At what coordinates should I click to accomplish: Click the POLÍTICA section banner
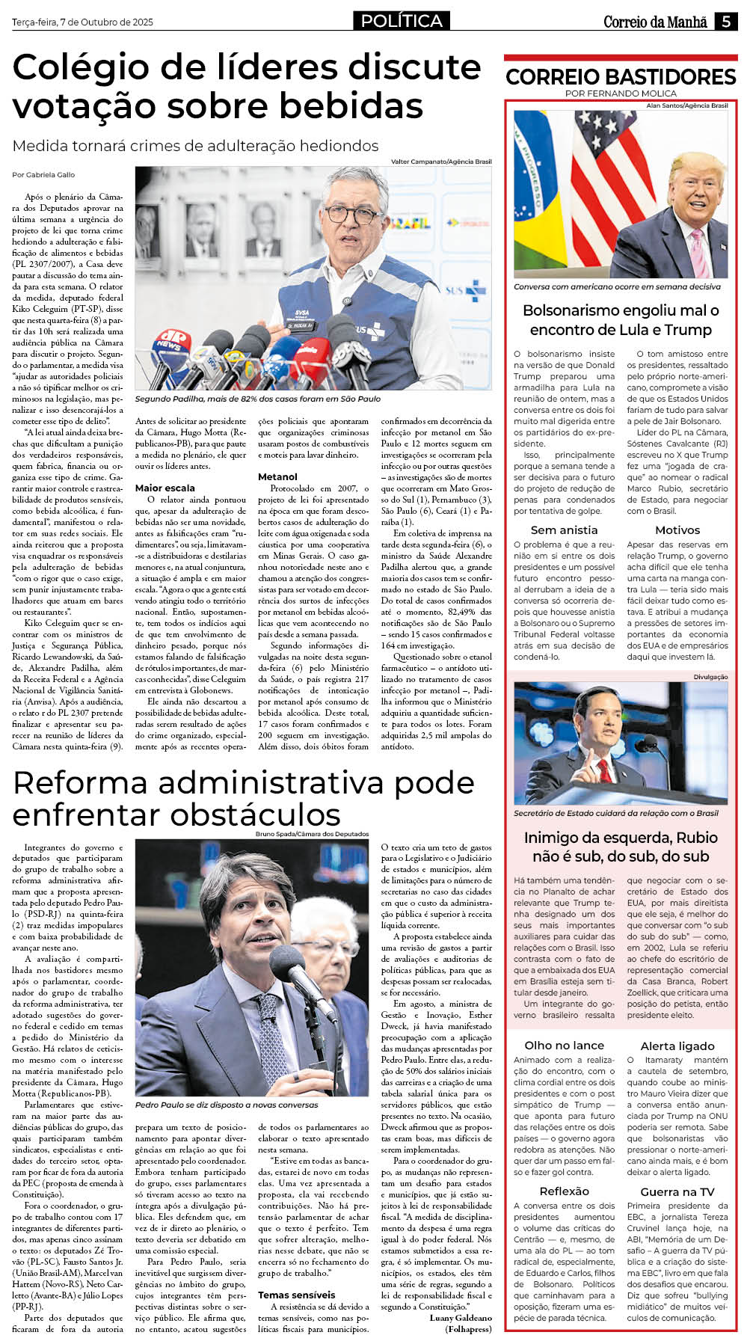402,21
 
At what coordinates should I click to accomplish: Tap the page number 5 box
725,22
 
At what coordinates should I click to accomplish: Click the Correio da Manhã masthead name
655,22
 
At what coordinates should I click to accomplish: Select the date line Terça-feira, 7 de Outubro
82,22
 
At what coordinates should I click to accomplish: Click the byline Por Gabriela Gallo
43,174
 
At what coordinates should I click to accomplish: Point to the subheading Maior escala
165,488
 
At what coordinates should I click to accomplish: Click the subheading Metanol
277,476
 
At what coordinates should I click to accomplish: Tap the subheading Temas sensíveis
296,1295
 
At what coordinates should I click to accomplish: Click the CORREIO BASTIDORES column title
621,76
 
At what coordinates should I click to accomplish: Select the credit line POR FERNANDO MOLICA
621,93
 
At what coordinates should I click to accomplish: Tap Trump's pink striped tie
698,253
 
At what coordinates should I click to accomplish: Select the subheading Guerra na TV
677,1191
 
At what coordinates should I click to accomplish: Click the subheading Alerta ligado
677,1046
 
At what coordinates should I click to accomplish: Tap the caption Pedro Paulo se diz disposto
226,1105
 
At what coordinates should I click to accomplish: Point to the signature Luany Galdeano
461,1318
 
